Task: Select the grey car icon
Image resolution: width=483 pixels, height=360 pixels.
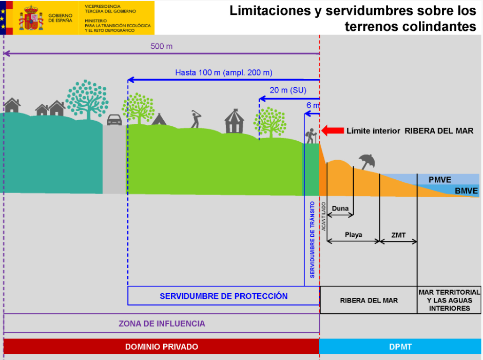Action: point(114,119)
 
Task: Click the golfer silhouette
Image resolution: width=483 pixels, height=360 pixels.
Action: point(195,119)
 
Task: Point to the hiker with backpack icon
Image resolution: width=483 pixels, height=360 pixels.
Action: point(310,136)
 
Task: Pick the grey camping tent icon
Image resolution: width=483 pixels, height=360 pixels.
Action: point(159,119)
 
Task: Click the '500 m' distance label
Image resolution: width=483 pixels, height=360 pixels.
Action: point(161,46)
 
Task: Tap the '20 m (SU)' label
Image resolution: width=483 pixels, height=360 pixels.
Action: point(287,90)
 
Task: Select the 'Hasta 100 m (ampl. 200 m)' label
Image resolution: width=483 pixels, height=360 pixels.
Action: point(224,72)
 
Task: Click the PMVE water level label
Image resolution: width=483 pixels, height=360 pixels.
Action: point(440,180)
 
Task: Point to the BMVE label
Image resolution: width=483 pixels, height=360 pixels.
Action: point(467,191)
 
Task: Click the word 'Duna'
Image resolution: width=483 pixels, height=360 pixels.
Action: point(340,209)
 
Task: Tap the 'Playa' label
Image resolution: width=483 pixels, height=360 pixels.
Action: point(353,235)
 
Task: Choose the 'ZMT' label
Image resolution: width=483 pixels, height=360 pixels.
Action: point(398,235)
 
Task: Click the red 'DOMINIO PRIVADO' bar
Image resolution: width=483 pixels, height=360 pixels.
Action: point(161,347)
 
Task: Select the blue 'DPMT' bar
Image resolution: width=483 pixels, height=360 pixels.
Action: point(400,347)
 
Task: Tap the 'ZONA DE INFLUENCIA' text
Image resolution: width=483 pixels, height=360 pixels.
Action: point(162,324)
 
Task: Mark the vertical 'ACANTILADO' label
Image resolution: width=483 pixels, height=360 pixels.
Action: point(324,216)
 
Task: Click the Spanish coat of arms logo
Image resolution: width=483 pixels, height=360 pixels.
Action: point(31,17)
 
